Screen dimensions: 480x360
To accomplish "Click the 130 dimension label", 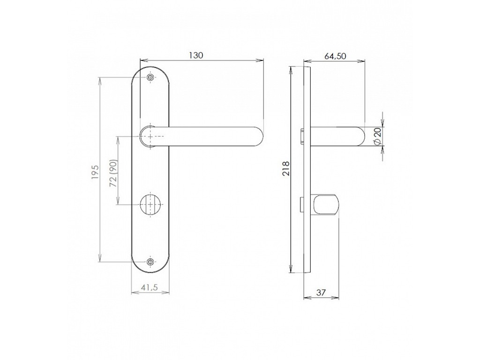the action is [195, 55].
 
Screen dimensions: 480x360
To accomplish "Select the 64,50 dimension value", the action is [335, 56].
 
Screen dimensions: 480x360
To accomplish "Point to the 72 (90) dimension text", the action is [113, 173].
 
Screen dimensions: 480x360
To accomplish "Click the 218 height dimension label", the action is [285, 168].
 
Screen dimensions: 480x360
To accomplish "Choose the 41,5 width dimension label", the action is [150, 287].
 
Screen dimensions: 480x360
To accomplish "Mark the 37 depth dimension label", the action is [321, 292].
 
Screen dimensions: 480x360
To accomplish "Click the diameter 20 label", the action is [377, 136].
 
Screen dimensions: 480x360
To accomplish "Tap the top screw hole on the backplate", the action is [150, 78].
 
